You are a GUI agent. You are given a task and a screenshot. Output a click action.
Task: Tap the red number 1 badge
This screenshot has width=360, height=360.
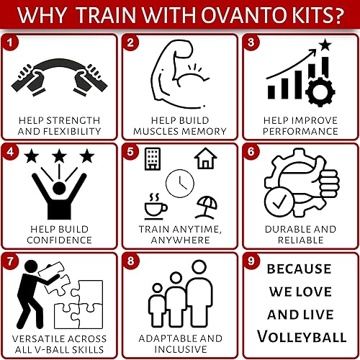pyautogui.click(x=9, y=43)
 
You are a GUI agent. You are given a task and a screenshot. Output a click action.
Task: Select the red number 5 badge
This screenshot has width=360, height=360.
pyautogui.click(x=130, y=153)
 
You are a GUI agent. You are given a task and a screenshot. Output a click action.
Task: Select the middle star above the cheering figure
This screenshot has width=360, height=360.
pyautogui.click(x=57, y=156)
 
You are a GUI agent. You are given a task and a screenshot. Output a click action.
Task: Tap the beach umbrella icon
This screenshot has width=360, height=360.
pyautogui.click(x=207, y=206)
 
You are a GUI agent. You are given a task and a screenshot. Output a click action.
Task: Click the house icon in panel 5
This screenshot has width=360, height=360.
pyautogui.click(x=205, y=158)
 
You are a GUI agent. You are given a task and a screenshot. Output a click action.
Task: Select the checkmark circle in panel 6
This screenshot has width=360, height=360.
pyautogui.click(x=279, y=200)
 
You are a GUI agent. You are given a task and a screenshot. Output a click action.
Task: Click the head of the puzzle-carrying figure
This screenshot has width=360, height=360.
pyautogui.click(x=31, y=267)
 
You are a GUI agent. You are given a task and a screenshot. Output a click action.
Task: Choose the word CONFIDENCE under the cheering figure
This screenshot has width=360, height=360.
pyautogui.click(x=59, y=240)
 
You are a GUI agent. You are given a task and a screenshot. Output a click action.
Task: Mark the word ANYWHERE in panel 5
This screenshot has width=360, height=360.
pyautogui.click(x=179, y=240)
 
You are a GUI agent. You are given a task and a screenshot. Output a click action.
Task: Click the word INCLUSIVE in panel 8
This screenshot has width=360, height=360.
pyautogui.click(x=179, y=350)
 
